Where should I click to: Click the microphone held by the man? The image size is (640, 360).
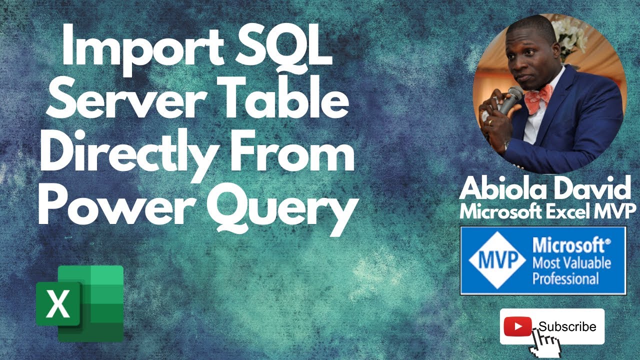pos(509,100)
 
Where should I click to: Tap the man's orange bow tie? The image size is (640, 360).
pos(537,97)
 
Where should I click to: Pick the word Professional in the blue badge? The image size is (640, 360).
pos(565,277)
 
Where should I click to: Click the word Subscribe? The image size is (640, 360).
pos(567,326)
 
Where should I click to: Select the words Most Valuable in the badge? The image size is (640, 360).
pos(571,262)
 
